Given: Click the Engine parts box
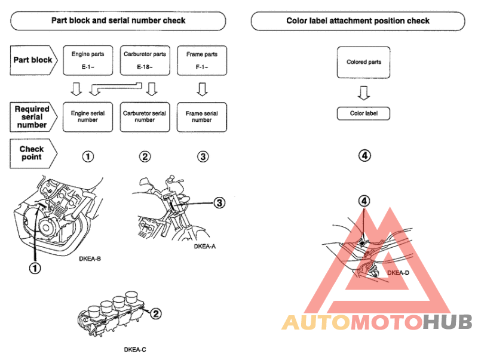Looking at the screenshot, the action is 88,60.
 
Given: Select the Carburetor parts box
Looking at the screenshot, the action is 145,60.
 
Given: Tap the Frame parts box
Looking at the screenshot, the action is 202,60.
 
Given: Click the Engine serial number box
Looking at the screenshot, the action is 88,117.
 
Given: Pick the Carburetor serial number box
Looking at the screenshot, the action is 145,117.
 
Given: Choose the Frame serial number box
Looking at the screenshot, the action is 202,117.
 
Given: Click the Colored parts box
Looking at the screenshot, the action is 363,62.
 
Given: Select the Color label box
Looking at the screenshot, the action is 363,113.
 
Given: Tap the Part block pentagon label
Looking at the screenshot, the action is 33,60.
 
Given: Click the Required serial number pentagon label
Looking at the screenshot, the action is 33,117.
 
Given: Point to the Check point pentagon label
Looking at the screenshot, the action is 33,153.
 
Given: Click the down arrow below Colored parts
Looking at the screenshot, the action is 364,93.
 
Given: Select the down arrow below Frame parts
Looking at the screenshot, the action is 202,89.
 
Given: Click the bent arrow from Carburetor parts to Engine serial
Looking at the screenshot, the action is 116,87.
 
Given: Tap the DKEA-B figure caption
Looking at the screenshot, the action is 90,259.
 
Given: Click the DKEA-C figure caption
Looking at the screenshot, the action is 135,350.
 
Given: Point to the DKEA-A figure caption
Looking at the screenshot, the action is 205,247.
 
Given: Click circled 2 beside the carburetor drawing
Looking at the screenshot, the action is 156,313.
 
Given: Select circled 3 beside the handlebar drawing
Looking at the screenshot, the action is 219,203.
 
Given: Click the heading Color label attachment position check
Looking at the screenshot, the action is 358,21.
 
